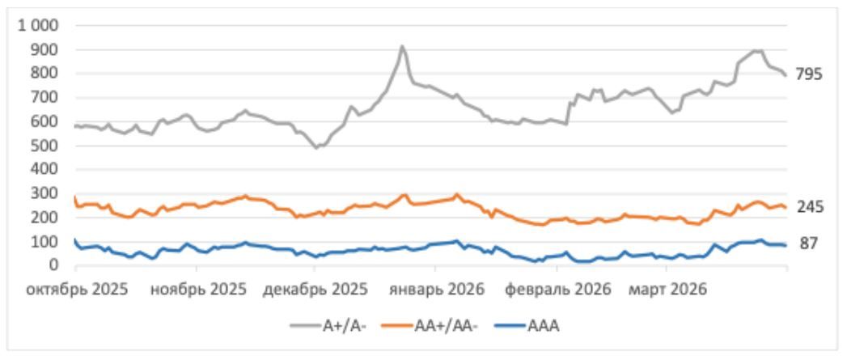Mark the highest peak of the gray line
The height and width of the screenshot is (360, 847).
[x=402, y=46]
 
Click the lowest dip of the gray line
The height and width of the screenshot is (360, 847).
[x=317, y=148]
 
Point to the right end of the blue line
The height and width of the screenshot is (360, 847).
[x=786, y=245]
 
